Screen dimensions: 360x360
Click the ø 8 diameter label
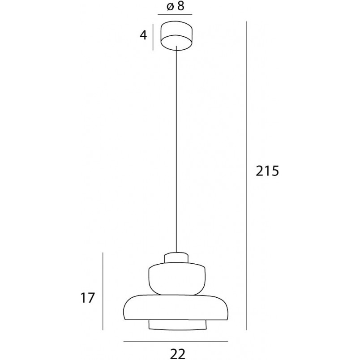pos(176,6)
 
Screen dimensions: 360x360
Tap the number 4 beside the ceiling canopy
pos(143,35)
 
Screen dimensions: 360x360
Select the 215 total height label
pos(267,171)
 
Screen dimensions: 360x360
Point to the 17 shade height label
pos(87,298)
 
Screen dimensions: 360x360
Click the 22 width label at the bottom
pos(178,353)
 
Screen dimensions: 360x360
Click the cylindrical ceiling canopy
pos(176,35)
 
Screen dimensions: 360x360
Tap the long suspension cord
pos(176,149)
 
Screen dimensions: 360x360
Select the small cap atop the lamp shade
pos(176,258)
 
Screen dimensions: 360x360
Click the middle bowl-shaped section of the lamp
pos(177,279)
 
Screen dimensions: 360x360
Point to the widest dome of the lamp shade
pos(176,308)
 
